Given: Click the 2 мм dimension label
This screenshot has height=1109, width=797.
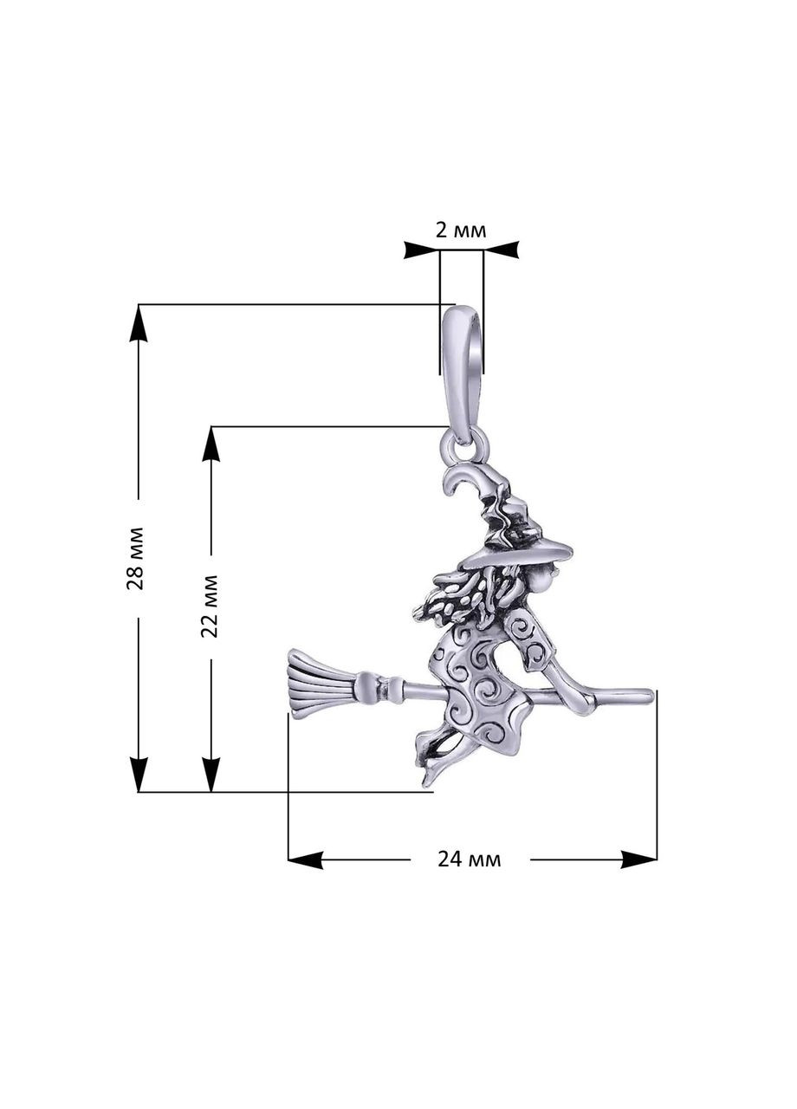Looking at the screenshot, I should click(460, 230).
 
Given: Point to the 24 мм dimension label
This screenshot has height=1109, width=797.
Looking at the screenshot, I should click(469, 859).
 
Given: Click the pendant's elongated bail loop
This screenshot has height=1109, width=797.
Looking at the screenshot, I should click(461, 373).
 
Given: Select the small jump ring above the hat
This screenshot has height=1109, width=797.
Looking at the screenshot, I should click(463, 447).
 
